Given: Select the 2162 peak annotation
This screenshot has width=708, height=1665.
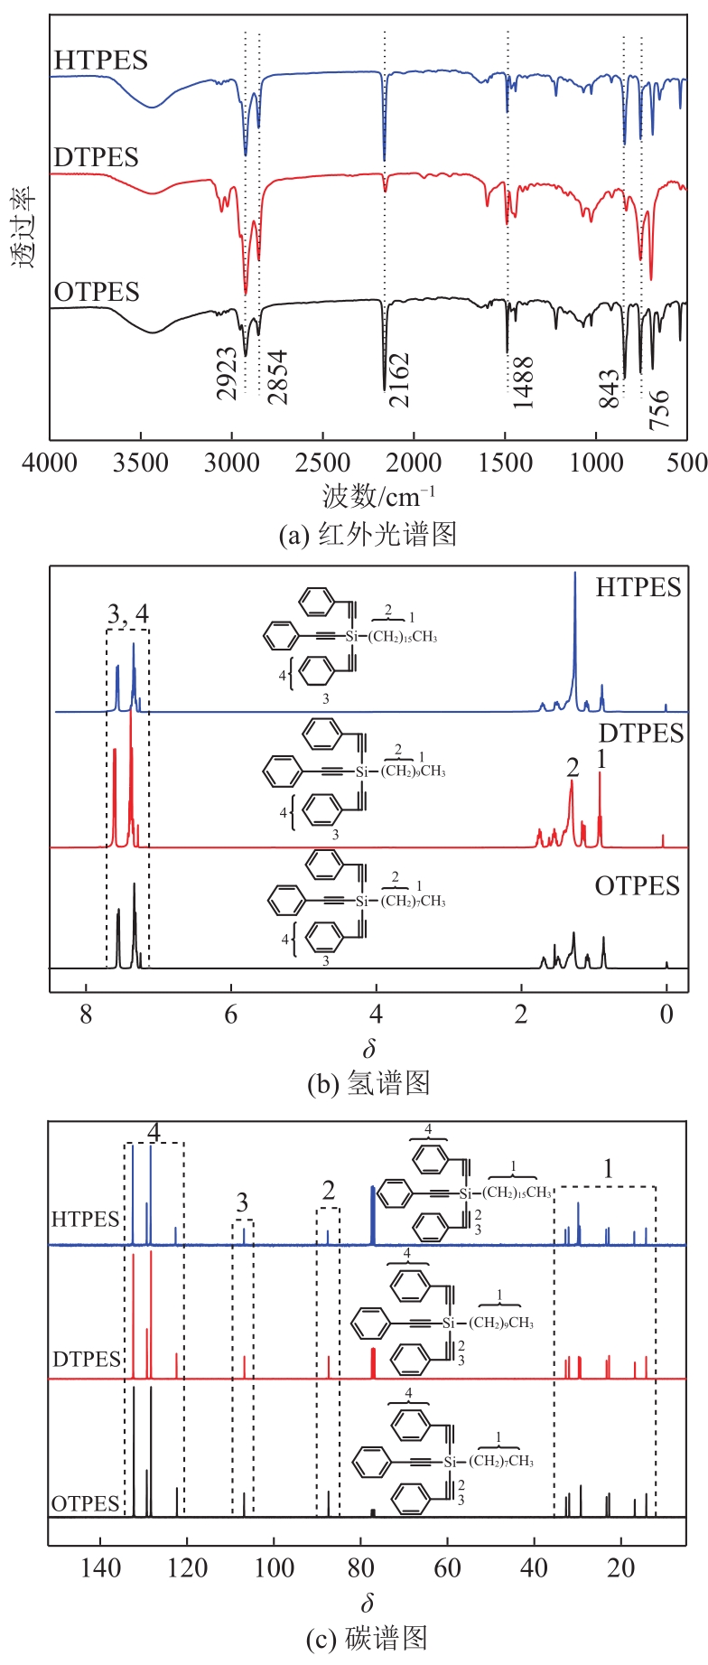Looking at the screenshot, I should [398, 379].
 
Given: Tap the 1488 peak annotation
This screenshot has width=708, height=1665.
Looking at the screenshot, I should [523, 383].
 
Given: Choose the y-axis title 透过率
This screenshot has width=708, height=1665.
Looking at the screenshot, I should [23, 226].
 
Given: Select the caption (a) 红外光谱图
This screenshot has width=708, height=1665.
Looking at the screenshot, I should [368, 534].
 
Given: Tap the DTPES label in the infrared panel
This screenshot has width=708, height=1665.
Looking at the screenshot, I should [96, 157].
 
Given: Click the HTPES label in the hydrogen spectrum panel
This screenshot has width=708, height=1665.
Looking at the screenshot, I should [638, 587].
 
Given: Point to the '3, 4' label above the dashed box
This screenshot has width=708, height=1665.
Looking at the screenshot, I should [127, 615].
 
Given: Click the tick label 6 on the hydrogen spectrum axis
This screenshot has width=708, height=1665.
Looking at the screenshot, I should [231, 1015].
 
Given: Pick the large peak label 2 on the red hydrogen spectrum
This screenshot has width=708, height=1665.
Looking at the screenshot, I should [573, 767].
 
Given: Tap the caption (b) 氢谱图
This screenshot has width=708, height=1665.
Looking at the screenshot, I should [368, 1082].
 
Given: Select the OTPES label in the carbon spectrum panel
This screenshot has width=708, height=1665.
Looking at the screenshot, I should [86, 1503].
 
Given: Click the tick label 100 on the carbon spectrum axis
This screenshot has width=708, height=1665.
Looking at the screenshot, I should [274, 1567].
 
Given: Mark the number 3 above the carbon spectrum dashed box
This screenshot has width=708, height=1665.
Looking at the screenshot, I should [242, 1202].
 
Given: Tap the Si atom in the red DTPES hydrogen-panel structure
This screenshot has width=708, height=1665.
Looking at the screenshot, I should [362, 772].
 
